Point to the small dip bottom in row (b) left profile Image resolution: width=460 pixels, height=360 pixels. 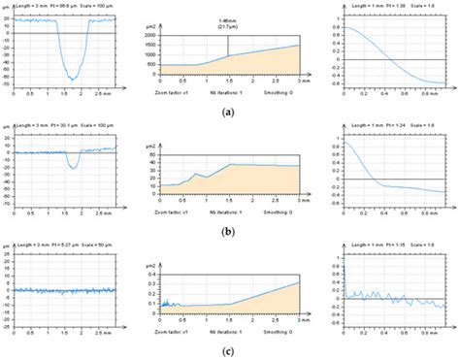(73, 168)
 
